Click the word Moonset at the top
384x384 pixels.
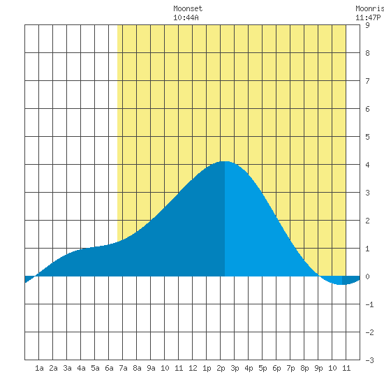click(x=188, y=8)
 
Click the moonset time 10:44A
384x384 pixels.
click(x=186, y=17)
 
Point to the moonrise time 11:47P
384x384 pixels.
click(x=368, y=17)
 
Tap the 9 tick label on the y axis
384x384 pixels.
click(x=367, y=25)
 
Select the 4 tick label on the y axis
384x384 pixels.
click(x=367, y=165)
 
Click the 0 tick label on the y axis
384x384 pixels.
click(x=367, y=276)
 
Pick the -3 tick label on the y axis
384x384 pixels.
click(x=369, y=360)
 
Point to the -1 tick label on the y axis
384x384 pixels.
click(x=369, y=304)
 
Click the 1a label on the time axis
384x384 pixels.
click(x=39, y=368)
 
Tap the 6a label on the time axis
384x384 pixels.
click(x=109, y=368)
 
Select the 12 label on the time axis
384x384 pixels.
click(x=193, y=368)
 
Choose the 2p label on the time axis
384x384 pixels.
click(x=221, y=368)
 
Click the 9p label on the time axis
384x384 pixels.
click(x=318, y=368)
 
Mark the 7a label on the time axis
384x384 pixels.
click(x=123, y=368)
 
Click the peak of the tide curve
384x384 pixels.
click(x=224, y=161)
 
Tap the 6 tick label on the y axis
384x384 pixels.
click(x=367, y=109)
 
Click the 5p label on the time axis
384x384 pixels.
click(x=263, y=368)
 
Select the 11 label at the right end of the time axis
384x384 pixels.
click(x=346, y=368)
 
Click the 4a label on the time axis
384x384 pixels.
click(x=81, y=368)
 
